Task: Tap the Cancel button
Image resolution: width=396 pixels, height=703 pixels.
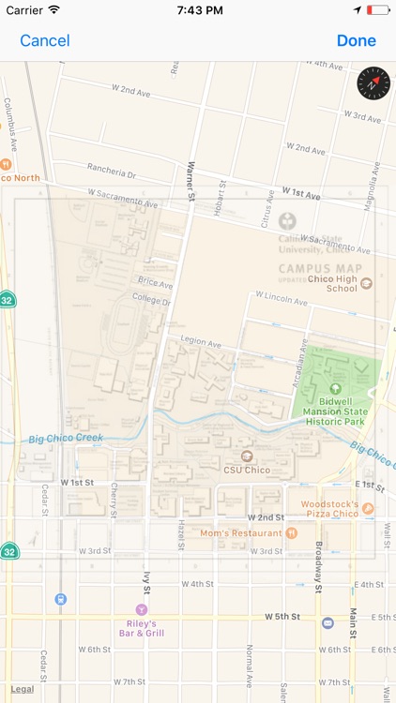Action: point(45,40)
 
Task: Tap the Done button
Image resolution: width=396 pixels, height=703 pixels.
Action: point(356,40)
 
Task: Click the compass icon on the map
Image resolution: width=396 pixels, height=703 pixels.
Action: point(373,84)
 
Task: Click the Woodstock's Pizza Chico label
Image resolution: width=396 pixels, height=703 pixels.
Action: point(329,508)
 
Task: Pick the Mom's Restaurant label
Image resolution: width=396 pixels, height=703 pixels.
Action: point(240,532)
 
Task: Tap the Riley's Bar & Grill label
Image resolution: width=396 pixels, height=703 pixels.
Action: point(142,628)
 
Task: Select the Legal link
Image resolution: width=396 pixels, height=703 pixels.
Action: point(22,689)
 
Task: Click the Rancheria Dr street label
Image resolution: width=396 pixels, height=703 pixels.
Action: point(112,173)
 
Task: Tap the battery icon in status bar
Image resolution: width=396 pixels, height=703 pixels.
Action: point(377,9)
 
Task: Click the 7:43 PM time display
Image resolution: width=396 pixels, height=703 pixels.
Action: point(197,9)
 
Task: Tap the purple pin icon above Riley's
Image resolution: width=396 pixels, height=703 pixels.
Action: point(142,609)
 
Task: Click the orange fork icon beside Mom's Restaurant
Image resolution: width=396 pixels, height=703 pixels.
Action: point(291,532)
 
